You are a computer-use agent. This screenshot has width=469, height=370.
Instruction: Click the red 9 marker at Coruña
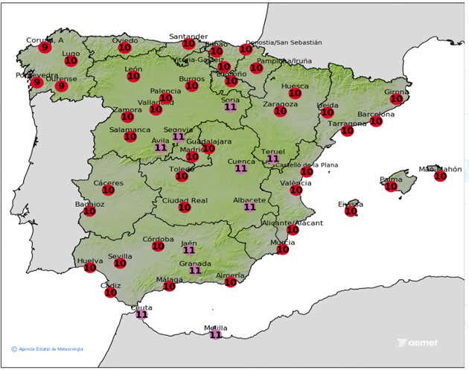pyautogui.click(x=45, y=48)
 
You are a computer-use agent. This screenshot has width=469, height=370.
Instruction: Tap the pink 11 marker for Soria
pyautogui.click(x=231, y=106)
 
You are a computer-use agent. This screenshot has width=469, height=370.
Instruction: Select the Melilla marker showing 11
pyautogui.click(x=215, y=334)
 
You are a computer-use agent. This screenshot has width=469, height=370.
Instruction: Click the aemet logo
pyautogui.click(x=418, y=343)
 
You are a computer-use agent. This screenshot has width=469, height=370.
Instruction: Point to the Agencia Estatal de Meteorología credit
pyautogui.click(x=48, y=348)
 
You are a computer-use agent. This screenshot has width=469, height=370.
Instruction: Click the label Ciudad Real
pyautogui.click(x=185, y=200)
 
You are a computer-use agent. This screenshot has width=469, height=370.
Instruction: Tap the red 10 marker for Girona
pyautogui.click(x=397, y=98)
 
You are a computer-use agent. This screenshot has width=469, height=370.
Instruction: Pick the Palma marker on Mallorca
pyautogui.click(x=392, y=186)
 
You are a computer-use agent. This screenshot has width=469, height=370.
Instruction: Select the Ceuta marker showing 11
pyautogui.click(x=141, y=314)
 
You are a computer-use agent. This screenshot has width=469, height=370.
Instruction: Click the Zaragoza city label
pyautogui.click(x=280, y=104)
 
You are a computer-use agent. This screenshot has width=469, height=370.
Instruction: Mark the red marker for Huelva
pyautogui.click(x=90, y=267)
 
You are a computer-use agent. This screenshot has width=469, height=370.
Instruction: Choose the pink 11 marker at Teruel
pyautogui.click(x=273, y=159)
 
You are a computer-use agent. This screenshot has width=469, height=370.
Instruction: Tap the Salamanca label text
pyautogui.click(x=130, y=130)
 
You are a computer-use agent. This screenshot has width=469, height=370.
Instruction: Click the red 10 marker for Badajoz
pyautogui.click(x=89, y=211)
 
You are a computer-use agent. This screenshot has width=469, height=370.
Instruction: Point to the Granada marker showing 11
pyautogui.click(x=195, y=270)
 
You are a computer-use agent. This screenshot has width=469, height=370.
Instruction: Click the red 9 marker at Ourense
pyautogui.click(x=61, y=86)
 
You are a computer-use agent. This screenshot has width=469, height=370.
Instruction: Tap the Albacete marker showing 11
pyautogui.click(x=249, y=207)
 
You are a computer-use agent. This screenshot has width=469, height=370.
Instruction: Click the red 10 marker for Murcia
pyautogui.click(x=282, y=249)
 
